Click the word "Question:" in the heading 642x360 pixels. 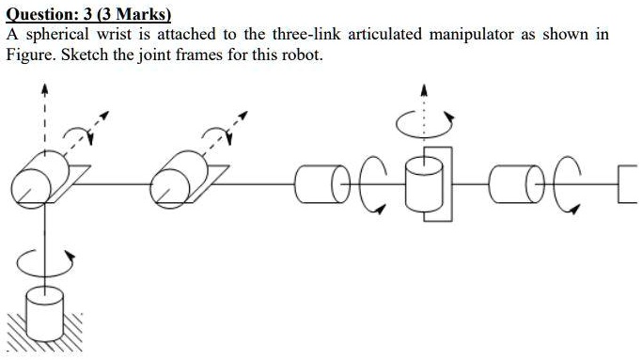[x=46, y=14]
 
